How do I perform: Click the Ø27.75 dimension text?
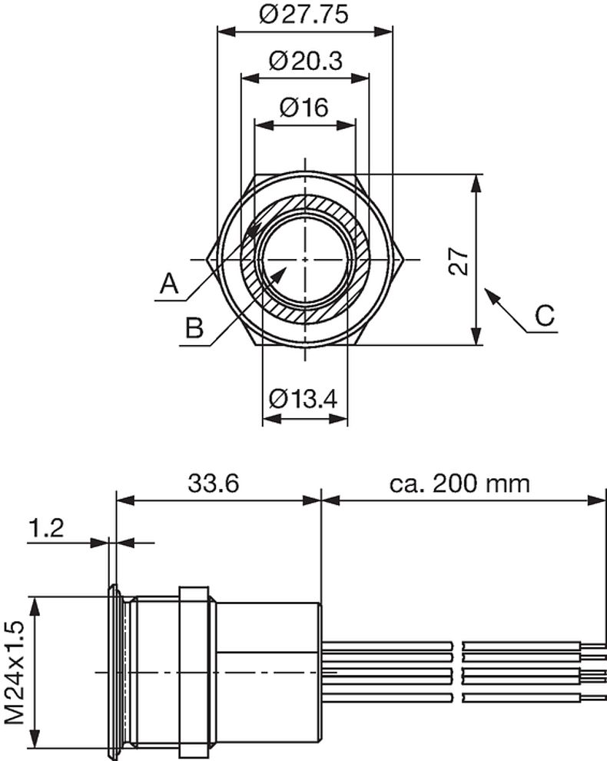pos(303,15)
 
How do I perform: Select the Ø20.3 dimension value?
pos(306,61)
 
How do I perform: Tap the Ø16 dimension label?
pos(304,108)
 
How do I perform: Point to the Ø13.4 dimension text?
pos(304,399)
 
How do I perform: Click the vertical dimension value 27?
pos(459,261)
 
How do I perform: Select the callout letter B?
pos(194,329)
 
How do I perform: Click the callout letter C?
pos(544,316)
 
